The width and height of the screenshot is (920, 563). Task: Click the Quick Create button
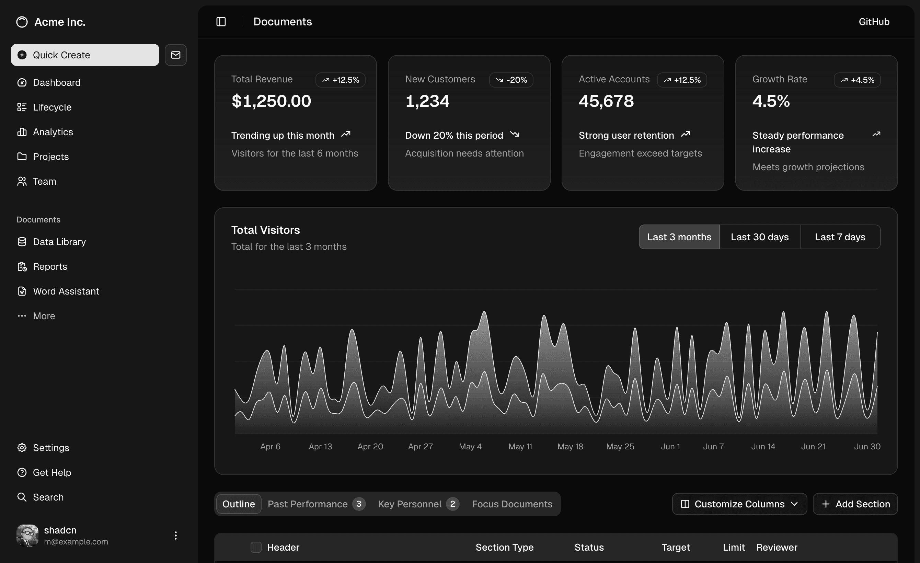pyautogui.click(x=85, y=55)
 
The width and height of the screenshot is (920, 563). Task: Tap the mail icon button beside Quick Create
pyautogui.click(x=175, y=55)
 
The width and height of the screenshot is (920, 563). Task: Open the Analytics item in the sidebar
pyautogui.click(x=53, y=132)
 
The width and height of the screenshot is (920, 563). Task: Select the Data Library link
pyautogui.click(x=59, y=242)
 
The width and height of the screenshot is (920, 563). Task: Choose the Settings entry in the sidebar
pyautogui.click(x=51, y=448)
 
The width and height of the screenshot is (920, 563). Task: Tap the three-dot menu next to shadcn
pyautogui.click(x=175, y=536)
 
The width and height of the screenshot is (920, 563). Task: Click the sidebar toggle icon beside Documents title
pyautogui.click(x=221, y=22)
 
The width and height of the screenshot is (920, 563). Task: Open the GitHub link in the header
pyautogui.click(x=874, y=22)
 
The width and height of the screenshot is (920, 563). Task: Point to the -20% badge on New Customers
pyautogui.click(x=511, y=80)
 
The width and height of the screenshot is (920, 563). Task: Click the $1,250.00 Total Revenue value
pyautogui.click(x=271, y=101)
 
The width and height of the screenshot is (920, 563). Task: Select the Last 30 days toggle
pyautogui.click(x=759, y=237)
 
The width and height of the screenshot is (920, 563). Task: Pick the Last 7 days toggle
pyautogui.click(x=840, y=237)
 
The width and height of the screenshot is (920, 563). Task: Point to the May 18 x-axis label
pyautogui.click(x=570, y=447)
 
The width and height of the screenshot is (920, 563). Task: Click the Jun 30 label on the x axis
pyautogui.click(x=867, y=447)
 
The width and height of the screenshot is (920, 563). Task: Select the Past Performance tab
pyautogui.click(x=308, y=504)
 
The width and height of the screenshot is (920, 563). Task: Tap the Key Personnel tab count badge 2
pyautogui.click(x=452, y=504)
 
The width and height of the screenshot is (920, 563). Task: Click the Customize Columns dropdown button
pyautogui.click(x=739, y=504)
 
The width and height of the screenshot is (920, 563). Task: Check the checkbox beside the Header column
pyautogui.click(x=256, y=547)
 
